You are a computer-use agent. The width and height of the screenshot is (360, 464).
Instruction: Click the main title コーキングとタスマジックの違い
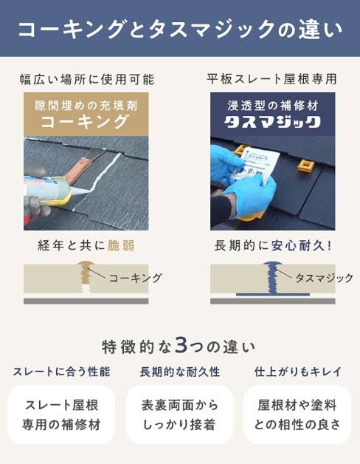coord(180,30)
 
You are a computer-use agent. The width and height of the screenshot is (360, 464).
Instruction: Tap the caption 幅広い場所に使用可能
coord(87,79)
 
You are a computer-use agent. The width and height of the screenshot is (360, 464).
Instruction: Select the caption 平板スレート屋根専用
coord(272,79)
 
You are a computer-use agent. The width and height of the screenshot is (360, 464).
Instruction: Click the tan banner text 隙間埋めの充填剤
coord(86,106)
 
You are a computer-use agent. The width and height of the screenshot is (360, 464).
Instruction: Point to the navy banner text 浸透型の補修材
coord(273,106)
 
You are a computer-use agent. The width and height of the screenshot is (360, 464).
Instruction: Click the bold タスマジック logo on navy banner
coord(272,122)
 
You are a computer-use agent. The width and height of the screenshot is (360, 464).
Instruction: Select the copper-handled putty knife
coord(84,166)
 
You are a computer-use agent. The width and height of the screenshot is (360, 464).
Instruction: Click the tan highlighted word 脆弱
coord(121,245)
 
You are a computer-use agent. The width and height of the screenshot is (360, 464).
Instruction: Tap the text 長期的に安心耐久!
coord(273,245)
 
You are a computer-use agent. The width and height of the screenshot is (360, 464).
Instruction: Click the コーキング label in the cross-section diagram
coord(136,278)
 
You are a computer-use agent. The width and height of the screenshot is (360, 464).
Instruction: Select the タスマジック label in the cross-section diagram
coord(325,278)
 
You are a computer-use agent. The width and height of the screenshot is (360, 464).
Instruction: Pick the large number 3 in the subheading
coord(180,345)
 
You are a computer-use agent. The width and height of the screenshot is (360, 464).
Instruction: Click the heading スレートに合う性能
coord(61,372)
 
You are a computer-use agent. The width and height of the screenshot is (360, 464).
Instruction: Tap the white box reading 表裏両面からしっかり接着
coord(179,414)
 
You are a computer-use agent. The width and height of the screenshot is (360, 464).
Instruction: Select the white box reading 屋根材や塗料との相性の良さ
coord(297,414)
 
